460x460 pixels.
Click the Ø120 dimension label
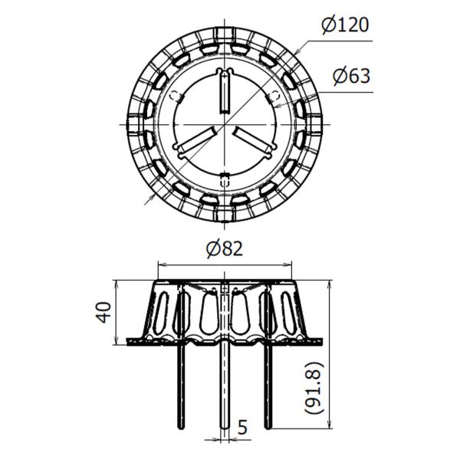[x=345, y=25]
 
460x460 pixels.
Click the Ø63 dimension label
[x=351, y=76]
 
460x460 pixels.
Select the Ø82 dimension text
[x=225, y=248]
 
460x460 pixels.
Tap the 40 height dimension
[x=105, y=312]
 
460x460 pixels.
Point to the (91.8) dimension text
[x=314, y=388]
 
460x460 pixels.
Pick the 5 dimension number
[x=242, y=428]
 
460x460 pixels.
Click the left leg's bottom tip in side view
[x=182, y=429]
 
